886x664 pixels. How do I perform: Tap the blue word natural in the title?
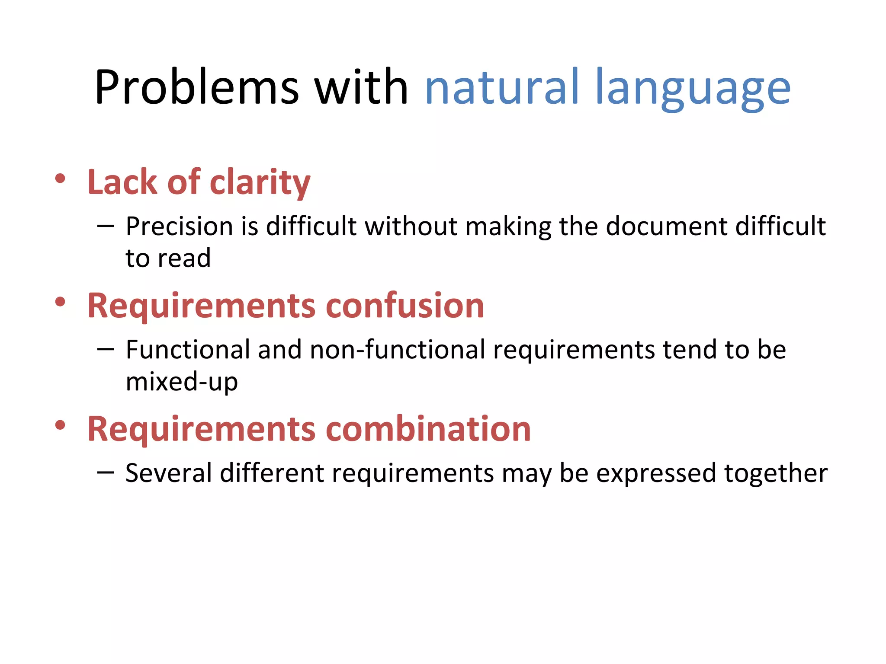point(501,88)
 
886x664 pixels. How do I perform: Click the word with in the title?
point(361,88)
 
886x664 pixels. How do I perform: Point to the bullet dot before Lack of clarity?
point(60,179)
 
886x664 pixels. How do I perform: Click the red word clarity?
point(260,182)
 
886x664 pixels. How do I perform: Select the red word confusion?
point(404,306)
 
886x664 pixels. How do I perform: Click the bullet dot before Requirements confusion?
point(60,302)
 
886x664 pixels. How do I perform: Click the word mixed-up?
point(182,382)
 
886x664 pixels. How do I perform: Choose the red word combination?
point(428,429)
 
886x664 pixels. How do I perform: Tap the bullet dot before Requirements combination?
point(60,425)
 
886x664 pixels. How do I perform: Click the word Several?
point(169,472)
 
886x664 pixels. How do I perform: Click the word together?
point(776,473)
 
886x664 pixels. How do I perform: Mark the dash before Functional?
point(106,349)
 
